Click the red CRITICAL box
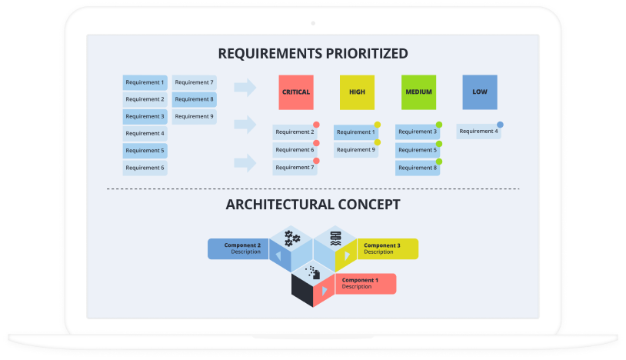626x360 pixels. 296,92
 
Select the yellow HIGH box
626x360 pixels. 357,92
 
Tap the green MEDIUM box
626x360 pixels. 418,92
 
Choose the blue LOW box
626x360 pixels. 480,92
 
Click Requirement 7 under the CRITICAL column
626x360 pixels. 295,168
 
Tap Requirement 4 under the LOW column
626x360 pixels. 478,132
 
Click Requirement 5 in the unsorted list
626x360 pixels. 145,151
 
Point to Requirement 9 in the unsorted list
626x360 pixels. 194,117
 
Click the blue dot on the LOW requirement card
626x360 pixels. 500,124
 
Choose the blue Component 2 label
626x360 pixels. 237,248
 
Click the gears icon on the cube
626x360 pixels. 292,238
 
